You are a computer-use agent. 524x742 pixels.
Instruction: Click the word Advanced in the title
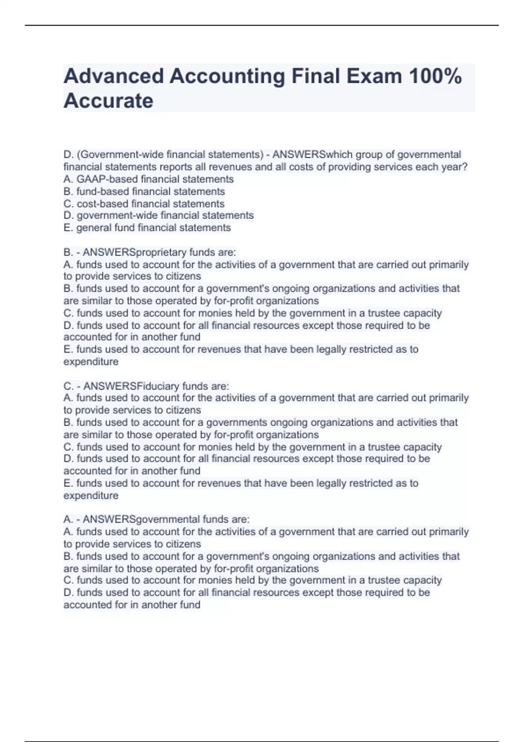pyautogui.click(x=113, y=76)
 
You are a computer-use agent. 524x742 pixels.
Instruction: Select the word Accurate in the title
pyautogui.click(x=108, y=101)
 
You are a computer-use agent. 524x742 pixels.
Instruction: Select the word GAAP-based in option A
pyautogui.click(x=107, y=179)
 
